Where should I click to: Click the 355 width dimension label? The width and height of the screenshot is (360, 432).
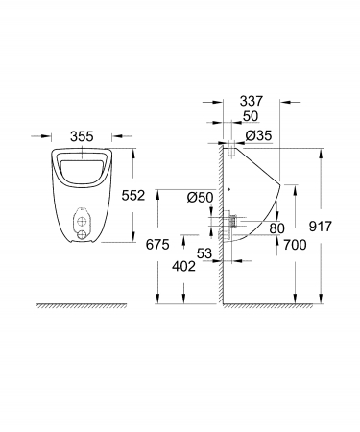click(x=82, y=136)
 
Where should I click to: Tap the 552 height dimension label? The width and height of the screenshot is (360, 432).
click(x=133, y=195)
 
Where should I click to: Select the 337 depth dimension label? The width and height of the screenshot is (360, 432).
click(x=252, y=101)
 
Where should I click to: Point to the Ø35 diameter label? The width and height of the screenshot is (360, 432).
click(x=258, y=135)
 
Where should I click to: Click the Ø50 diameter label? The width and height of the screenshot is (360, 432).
click(x=201, y=198)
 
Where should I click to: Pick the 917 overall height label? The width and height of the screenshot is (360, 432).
click(x=321, y=227)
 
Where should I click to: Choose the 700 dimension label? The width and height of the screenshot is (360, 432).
click(x=295, y=245)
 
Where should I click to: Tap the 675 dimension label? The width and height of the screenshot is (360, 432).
click(x=157, y=245)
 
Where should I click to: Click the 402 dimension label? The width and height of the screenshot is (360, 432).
click(x=183, y=266)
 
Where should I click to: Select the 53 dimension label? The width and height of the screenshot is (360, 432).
click(x=204, y=253)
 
